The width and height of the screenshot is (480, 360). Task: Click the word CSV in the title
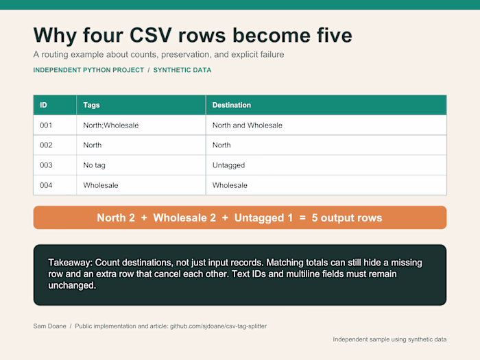(x=151, y=35)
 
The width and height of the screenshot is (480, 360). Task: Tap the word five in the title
(x=335, y=35)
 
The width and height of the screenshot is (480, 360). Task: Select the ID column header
(x=43, y=105)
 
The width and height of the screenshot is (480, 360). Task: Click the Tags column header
(x=91, y=105)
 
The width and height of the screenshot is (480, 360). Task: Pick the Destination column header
(x=232, y=105)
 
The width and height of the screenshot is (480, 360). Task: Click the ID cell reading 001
(x=46, y=125)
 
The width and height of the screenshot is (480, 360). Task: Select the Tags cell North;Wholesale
(x=111, y=125)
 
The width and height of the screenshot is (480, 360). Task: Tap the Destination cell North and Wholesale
(x=248, y=125)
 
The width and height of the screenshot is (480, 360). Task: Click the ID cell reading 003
(x=46, y=165)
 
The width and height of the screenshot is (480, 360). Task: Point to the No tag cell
(x=95, y=165)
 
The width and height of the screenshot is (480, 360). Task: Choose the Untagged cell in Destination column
(x=228, y=165)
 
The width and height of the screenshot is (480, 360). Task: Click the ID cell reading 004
(x=46, y=185)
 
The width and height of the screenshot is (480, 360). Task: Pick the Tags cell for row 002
(x=93, y=145)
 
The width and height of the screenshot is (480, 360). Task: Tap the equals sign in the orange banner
(x=302, y=218)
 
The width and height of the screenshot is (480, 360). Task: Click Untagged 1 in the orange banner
(x=263, y=217)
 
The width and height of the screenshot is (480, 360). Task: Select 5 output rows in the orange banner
(x=347, y=217)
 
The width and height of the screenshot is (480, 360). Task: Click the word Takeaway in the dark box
(x=70, y=263)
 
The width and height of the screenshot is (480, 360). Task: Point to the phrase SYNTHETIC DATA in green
(x=182, y=70)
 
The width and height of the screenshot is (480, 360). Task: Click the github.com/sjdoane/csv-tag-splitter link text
(x=218, y=326)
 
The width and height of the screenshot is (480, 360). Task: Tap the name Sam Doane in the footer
(x=49, y=326)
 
